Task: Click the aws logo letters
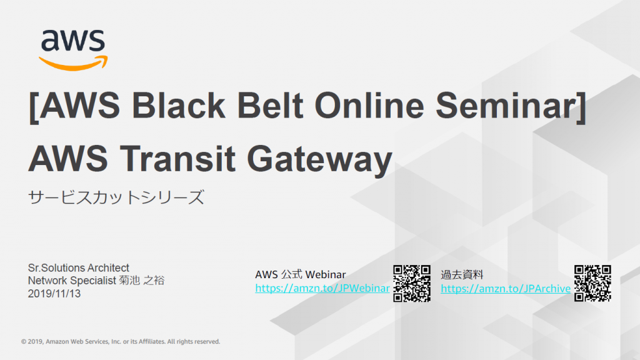tap(73, 40)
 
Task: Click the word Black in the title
tap(178, 105)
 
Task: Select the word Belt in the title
tap(270, 105)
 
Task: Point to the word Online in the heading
tap(369, 105)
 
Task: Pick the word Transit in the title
tap(177, 158)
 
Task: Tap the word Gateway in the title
tap(319, 160)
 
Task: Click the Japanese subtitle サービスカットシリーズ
tap(116, 197)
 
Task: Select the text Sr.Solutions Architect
tap(78, 267)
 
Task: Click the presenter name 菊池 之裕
tap(142, 281)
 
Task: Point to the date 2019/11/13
tap(54, 294)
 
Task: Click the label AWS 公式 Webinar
tap(301, 274)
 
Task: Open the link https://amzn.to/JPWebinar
tap(322, 288)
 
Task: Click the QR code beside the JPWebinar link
tap(412, 283)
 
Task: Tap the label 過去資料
tap(462, 275)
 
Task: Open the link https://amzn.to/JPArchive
tap(506, 289)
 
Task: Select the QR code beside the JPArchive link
tap(592, 283)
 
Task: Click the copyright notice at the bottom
tap(121, 342)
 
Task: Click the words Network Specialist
tap(72, 281)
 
